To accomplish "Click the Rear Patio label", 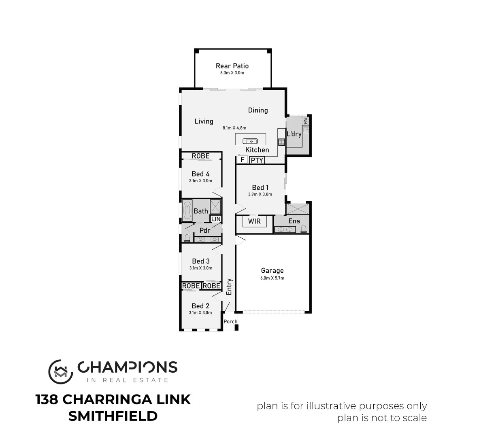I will coord(232,66).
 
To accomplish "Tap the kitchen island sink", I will coord(250,141).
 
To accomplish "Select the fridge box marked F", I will coord(242,160).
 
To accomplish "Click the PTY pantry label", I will coord(257,160).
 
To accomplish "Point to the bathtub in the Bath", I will coord(187,210).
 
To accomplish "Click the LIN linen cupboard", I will coord(216,219).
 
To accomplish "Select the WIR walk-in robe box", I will coord(254,221).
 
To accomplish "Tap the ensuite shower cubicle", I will coord(297,209).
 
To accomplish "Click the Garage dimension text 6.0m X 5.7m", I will coord(272,278).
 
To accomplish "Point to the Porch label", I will coord(230,322).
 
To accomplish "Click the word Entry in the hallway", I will coord(229,286).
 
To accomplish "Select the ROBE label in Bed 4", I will coord(200,156).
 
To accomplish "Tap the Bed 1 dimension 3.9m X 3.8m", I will coord(260,194).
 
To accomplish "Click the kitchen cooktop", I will coord(281,142).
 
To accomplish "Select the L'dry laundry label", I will coord(294,134).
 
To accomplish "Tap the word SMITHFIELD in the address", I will coord(113,416).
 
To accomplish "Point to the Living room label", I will coord(204,121).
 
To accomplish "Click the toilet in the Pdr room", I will coord(187,238).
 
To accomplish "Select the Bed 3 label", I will coord(200,261).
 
